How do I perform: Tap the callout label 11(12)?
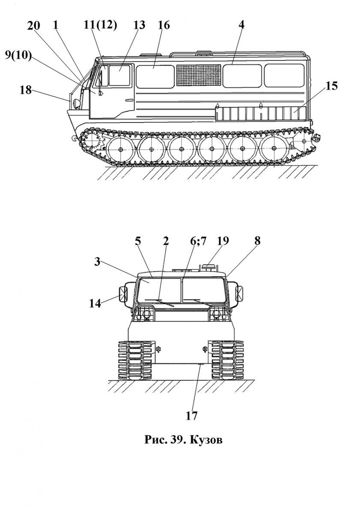100,25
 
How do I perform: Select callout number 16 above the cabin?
163,25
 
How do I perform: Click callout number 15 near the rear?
331,86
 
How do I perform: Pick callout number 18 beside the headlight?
26,90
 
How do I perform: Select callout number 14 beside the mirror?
95,303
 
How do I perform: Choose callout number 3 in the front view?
98,261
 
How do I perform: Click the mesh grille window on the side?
198,75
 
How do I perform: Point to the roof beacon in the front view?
210,267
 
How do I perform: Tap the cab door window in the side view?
119,76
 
